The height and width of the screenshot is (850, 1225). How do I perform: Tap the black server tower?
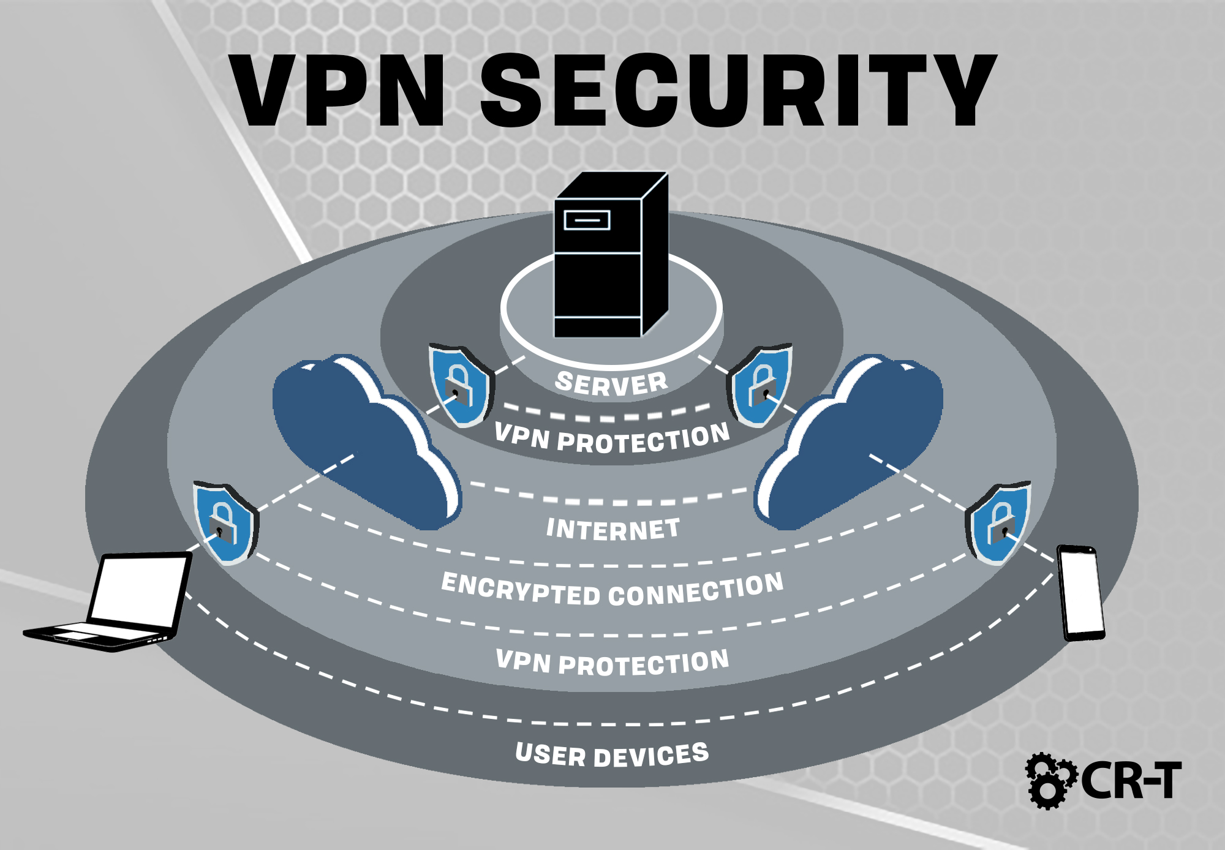pyautogui.click(x=611, y=255)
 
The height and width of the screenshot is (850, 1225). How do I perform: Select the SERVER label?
pyautogui.click(x=611, y=383)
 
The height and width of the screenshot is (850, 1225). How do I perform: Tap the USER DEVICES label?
pyautogui.click(x=612, y=754)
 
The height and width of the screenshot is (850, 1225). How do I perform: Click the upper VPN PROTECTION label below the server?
pyautogui.click(x=612, y=438)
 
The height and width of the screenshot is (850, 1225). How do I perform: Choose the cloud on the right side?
pyautogui.click(x=848, y=441)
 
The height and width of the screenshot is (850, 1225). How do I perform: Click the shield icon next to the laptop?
pyautogui.click(x=225, y=522)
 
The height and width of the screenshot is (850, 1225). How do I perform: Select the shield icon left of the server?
pyautogui.click(x=461, y=385)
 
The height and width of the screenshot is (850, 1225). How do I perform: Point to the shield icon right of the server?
pyautogui.click(x=759, y=385)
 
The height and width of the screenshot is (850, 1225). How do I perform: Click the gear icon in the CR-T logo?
pyautogui.click(x=1050, y=781)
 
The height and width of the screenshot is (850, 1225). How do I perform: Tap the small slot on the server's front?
pyautogui.click(x=587, y=219)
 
